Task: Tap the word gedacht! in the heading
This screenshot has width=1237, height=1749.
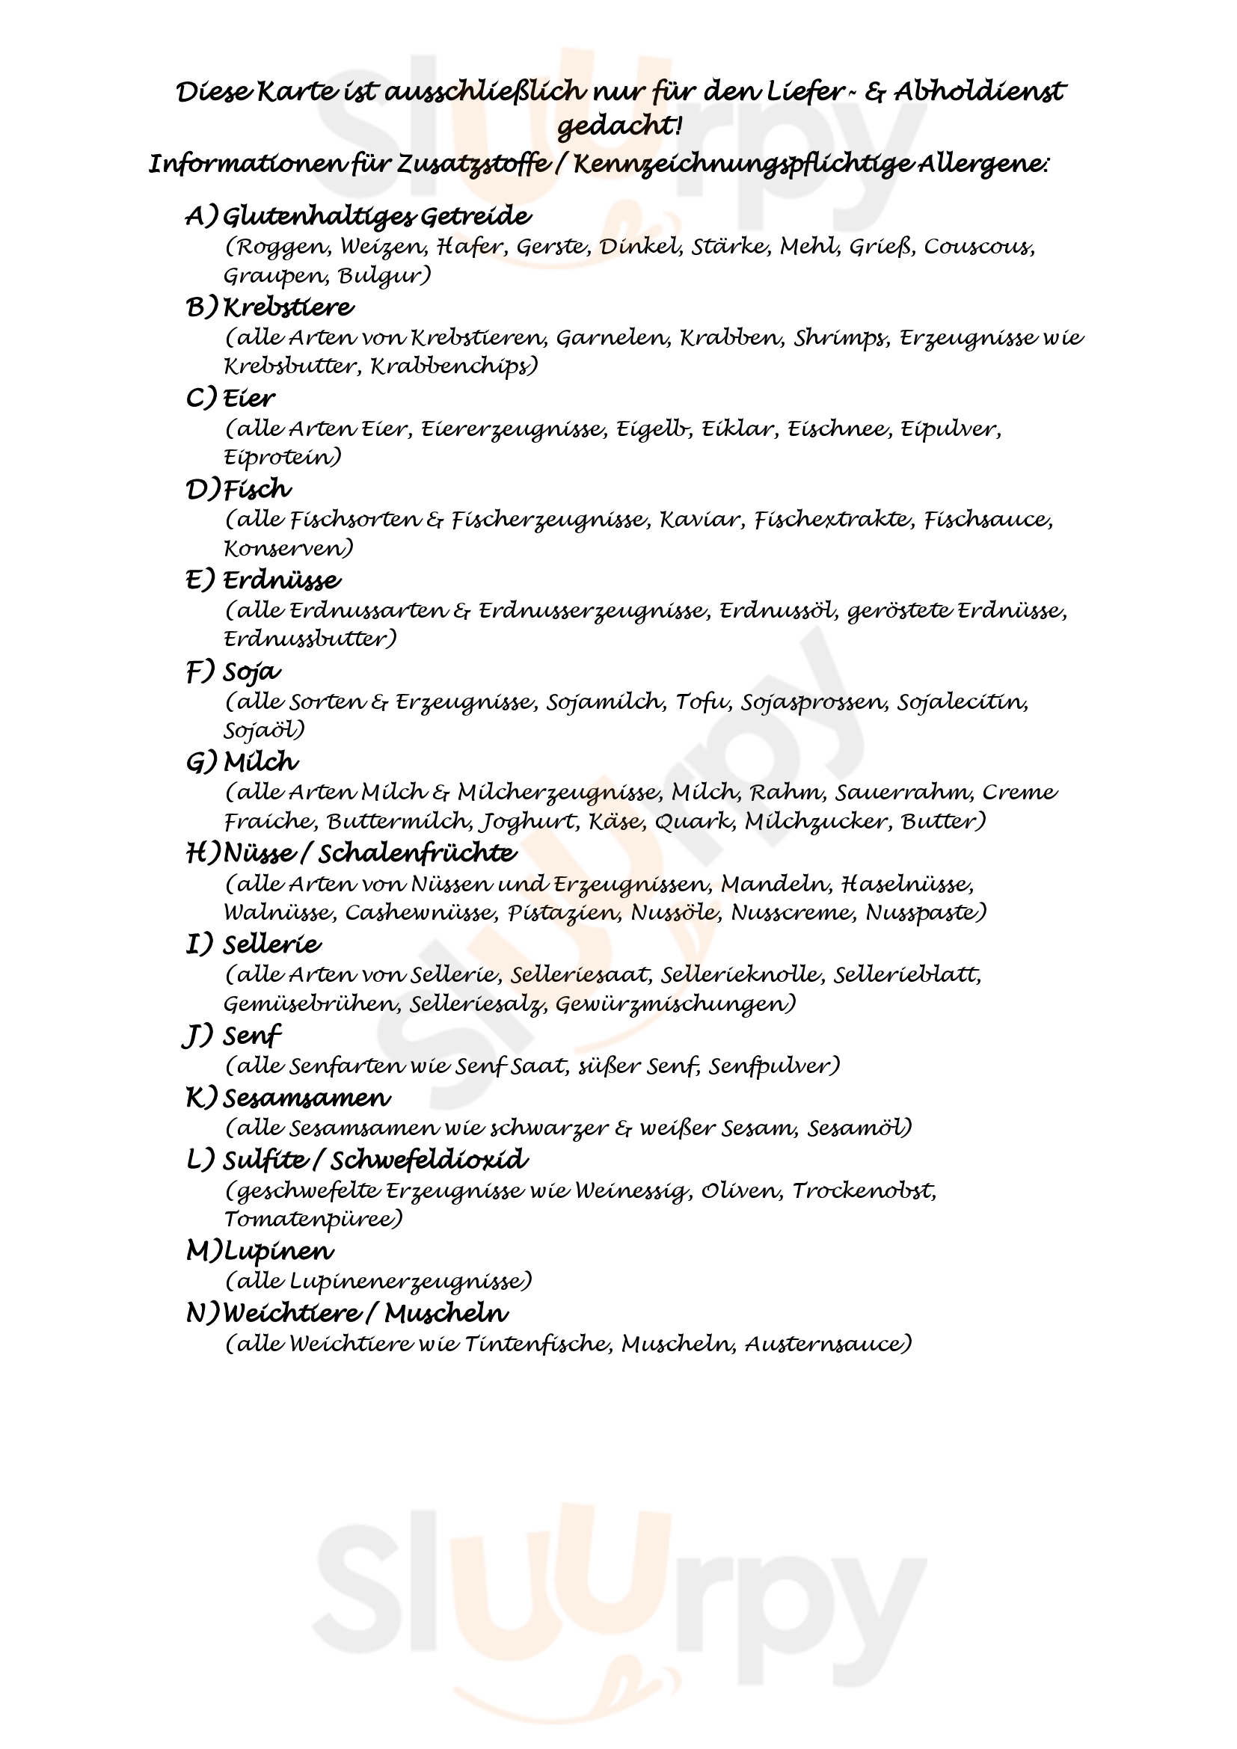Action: (618, 126)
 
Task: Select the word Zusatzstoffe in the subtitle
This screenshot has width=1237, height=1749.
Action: (473, 165)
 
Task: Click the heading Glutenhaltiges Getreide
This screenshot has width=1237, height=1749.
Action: (377, 217)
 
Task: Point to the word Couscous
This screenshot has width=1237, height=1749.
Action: (979, 247)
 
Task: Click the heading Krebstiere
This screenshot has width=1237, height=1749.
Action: (288, 308)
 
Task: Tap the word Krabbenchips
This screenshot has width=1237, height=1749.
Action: (454, 366)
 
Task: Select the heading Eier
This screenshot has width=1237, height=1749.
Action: (248, 399)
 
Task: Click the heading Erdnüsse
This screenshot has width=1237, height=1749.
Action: (281, 580)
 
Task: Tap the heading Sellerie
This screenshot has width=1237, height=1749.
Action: (272, 944)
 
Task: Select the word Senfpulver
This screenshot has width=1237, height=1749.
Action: (774, 1066)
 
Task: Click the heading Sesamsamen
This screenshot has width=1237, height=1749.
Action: (306, 1098)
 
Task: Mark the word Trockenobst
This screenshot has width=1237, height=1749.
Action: (864, 1190)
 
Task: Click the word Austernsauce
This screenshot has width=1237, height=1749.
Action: (827, 1344)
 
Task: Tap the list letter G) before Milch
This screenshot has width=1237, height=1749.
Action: (202, 763)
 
